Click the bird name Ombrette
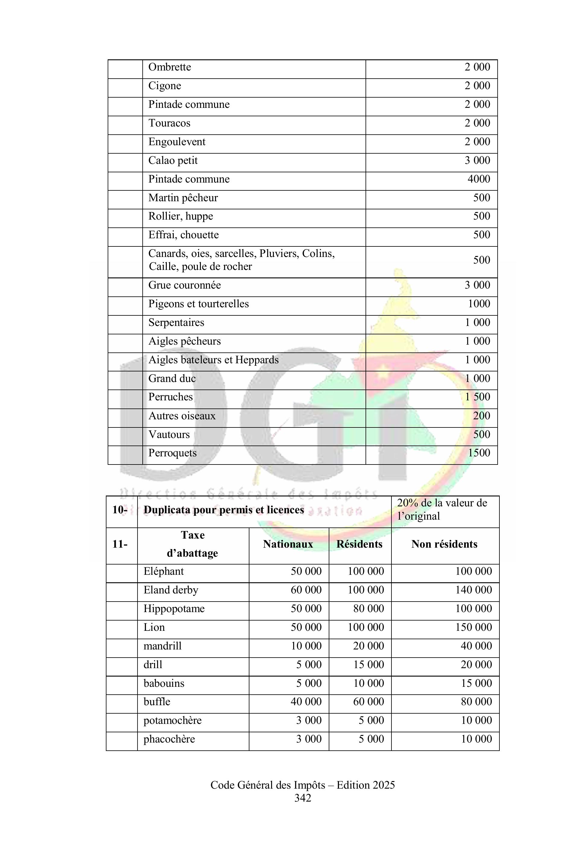click(169, 67)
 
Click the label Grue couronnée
click(184, 285)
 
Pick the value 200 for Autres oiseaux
click(481, 416)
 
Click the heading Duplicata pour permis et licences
click(223, 510)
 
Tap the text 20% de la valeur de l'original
click(442, 509)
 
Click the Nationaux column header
click(288, 544)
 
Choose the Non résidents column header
click(444, 544)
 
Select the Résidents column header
click(359, 544)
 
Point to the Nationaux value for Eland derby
click(306, 590)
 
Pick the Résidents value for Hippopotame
click(368, 608)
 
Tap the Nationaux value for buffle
click(306, 702)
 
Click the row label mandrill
click(163, 646)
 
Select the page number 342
click(302, 798)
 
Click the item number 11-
click(120, 544)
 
